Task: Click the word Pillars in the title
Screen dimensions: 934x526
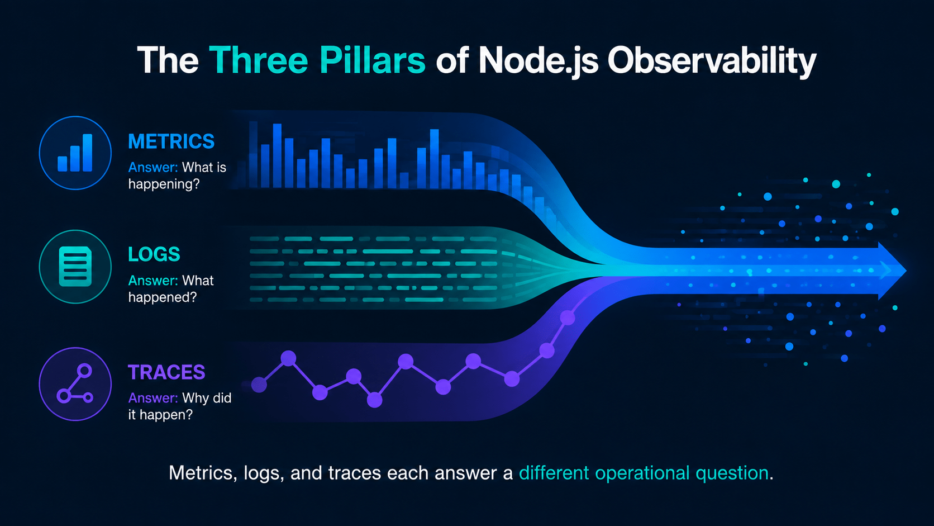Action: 373,60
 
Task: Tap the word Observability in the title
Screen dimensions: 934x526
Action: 711,62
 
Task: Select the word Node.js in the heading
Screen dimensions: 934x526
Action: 539,61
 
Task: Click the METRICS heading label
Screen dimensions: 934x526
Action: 171,141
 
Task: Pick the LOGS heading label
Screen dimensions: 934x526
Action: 154,254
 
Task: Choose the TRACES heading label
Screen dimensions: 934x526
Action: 166,372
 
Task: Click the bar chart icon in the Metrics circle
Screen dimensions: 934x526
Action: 75,153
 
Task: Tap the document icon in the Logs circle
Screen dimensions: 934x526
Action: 75,267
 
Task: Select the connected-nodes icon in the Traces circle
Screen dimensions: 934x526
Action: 75,383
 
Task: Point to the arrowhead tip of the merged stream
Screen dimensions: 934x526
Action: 906,271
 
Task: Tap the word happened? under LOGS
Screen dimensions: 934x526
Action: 162,297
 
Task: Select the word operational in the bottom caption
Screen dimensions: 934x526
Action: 642,473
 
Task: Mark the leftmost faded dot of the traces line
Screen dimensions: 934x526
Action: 259,385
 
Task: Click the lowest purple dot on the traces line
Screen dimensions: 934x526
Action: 374,400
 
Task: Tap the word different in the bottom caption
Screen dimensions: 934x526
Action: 554,473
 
